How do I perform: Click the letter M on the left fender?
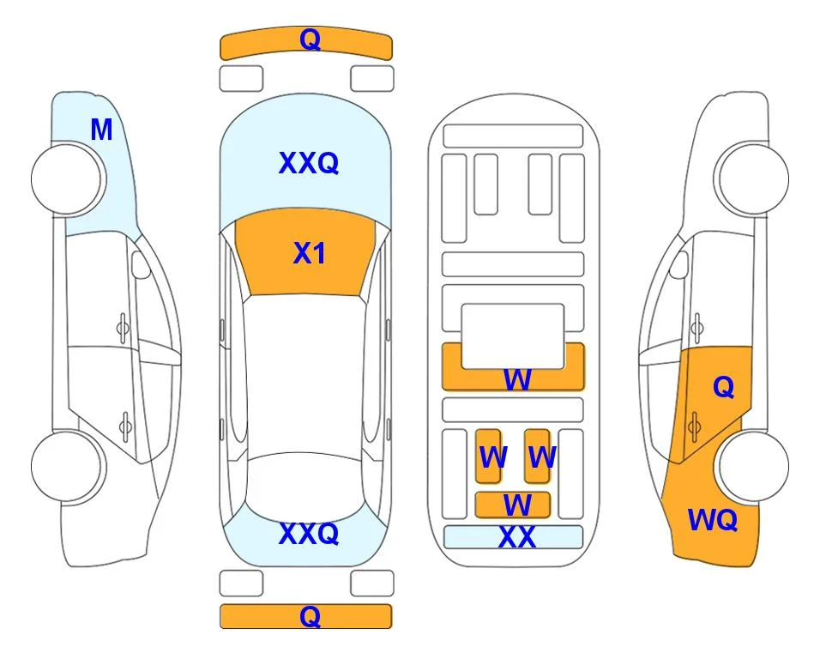pyautogui.click(x=102, y=130)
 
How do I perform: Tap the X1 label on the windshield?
pyautogui.click(x=310, y=253)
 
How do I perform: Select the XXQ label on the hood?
pyautogui.click(x=309, y=163)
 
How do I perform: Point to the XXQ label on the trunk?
pyautogui.click(x=309, y=534)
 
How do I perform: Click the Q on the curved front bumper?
pyautogui.click(x=310, y=39)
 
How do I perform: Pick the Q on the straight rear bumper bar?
pyautogui.click(x=310, y=616)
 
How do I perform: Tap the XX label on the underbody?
pyautogui.click(x=516, y=537)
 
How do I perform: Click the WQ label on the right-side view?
pyautogui.click(x=713, y=520)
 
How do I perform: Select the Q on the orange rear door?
pyautogui.click(x=723, y=387)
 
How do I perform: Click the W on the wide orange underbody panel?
pyautogui.click(x=517, y=379)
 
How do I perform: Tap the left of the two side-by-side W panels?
pyautogui.click(x=488, y=456)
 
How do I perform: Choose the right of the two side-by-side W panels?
pyautogui.click(x=537, y=456)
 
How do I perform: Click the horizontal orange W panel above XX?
pyautogui.click(x=513, y=505)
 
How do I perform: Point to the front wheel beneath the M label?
pyautogui.click(x=67, y=179)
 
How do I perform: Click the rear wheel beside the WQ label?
pyautogui.click(x=754, y=466)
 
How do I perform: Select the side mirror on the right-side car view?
pyautogui.click(x=678, y=264)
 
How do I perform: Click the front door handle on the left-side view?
pyautogui.click(x=123, y=328)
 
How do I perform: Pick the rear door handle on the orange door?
pyautogui.click(x=695, y=426)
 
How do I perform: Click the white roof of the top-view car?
pyautogui.click(x=304, y=374)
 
